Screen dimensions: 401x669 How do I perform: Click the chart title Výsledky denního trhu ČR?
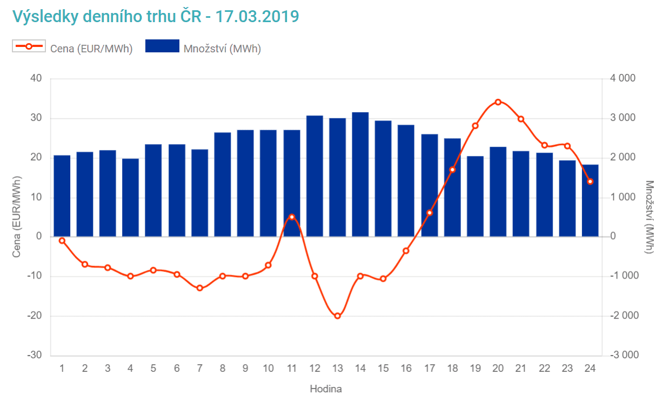(156, 16)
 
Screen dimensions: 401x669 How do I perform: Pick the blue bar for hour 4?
(130, 198)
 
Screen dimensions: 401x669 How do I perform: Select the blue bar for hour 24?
(590, 200)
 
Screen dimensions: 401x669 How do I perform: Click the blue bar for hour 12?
(315, 176)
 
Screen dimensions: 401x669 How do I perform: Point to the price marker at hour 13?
(338, 316)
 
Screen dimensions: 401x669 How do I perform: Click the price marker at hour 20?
(498, 101)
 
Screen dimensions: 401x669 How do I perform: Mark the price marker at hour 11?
(292, 217)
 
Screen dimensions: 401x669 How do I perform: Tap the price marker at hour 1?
(62, 240)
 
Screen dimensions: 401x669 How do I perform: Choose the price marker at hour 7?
(200, 288)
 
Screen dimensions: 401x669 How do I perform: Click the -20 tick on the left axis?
(35, 316)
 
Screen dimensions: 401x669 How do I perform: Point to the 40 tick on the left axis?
(36, 78)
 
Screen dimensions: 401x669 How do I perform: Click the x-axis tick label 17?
(430, 369)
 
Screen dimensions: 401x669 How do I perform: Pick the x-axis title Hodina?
(326, 389)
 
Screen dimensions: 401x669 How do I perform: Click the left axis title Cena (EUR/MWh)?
(17, 215)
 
